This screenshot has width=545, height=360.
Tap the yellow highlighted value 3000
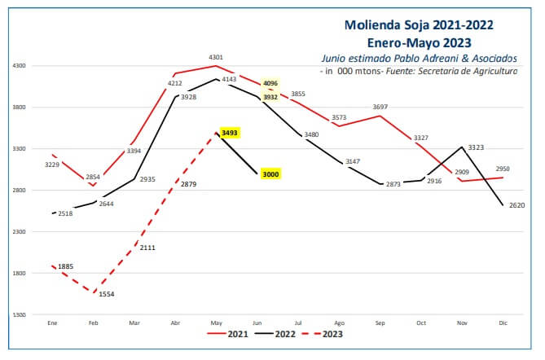coord(270,174)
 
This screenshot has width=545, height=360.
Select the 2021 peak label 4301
coord(216,57)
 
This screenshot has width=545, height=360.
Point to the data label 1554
coord(107,294)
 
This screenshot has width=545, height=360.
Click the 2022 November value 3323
coord(477,147)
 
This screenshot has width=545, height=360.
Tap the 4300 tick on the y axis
coord(20,66)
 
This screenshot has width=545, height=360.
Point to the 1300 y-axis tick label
coord(20,314)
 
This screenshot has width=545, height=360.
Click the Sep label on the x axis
coord(379,323)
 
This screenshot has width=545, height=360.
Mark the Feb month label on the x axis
coord(94,323)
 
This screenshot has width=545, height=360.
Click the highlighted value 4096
coord(270,83)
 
